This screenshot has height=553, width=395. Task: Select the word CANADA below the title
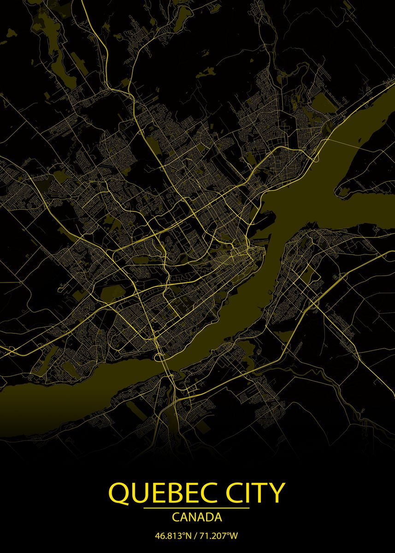pos(197,518)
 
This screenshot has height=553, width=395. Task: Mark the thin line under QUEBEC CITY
pos(196,508)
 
